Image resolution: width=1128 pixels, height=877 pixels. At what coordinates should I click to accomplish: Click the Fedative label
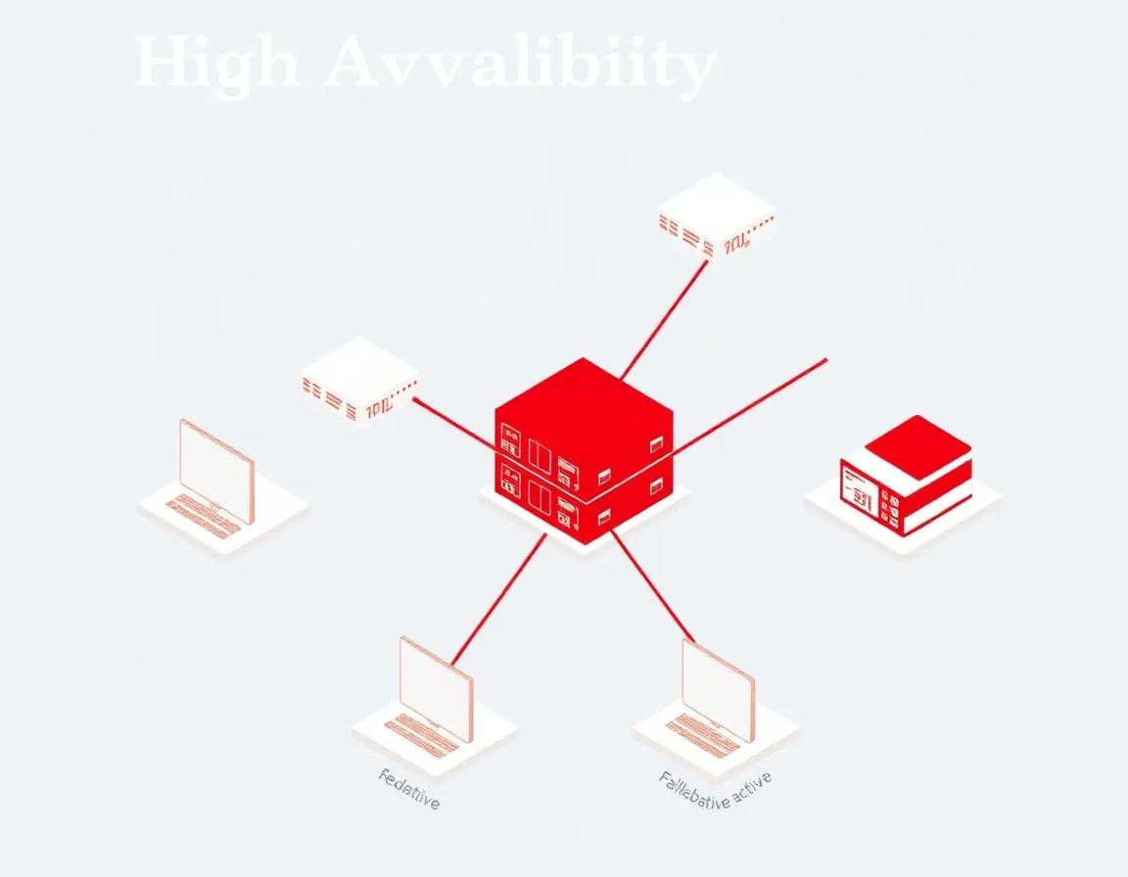[x=409, y=788]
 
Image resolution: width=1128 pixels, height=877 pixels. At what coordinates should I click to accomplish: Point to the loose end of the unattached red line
[x=824, y=360]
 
